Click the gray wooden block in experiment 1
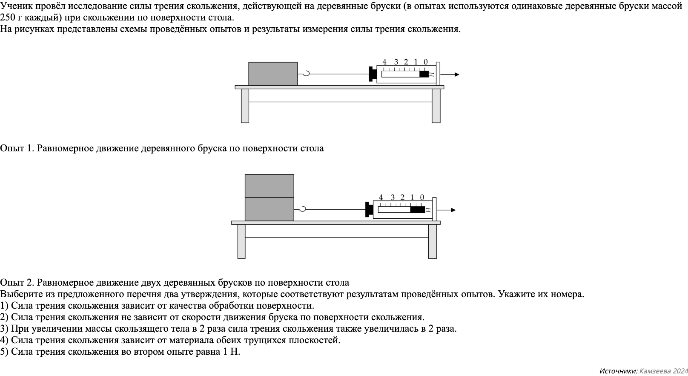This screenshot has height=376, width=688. [273, 74]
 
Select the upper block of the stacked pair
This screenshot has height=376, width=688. [269, 186]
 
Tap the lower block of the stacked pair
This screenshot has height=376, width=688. [269, 209]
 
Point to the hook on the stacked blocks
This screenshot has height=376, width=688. [301, 209]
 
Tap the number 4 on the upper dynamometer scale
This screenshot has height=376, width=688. [384, 62]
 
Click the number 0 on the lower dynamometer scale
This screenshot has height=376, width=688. [422, 197]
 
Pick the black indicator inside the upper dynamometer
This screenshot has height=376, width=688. [424, 74]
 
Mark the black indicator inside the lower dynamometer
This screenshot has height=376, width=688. [417, 210]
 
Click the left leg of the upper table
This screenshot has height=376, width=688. [245, 106]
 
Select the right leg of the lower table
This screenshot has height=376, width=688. [432, 241]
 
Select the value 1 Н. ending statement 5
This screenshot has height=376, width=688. [232, 352]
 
